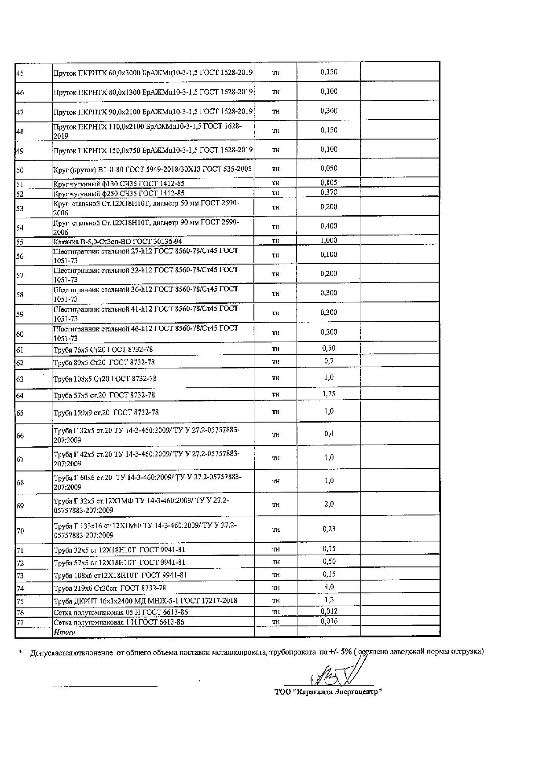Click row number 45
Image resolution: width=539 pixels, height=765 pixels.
click(20, 73)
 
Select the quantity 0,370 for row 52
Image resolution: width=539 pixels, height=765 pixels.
click(329, 192)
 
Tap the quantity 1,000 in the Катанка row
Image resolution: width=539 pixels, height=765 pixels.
click(329, 240)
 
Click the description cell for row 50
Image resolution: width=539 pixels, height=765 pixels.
click(152, 169)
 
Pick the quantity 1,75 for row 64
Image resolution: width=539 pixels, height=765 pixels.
click(329, 394)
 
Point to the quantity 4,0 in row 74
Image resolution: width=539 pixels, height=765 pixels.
click(329, 587)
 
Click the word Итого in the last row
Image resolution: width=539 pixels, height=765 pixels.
click(64, 632)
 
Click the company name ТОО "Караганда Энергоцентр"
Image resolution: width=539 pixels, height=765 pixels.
click(328, 692)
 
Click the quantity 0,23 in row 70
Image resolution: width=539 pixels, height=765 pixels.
click(329, 529)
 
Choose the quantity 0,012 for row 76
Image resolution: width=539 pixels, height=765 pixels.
click(329, 611)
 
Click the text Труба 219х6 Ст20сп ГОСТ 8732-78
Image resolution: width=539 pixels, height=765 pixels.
click(110, 588)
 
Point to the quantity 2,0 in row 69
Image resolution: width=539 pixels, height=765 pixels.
click(329, 504)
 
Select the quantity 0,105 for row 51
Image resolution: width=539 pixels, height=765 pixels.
click(329, 182)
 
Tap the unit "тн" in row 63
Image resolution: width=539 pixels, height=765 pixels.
click(275, 378)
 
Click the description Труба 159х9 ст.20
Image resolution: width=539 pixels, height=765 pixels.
click(106, 412)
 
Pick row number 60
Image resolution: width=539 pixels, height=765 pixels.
click(20, 334)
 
